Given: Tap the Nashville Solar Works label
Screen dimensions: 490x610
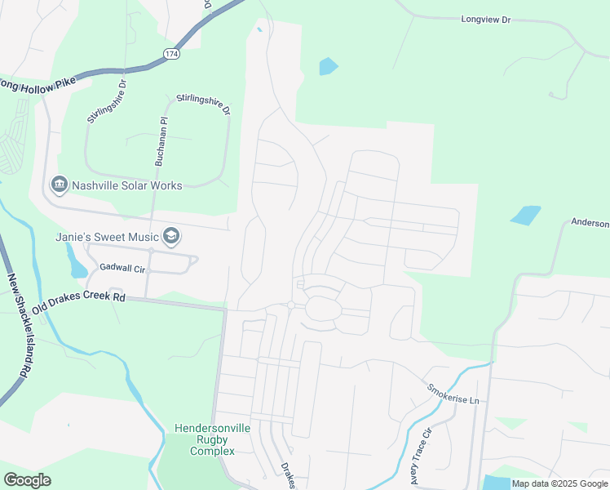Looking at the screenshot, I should [x=126, y=186].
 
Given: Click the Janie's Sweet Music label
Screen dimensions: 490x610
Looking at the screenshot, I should [x=107, y=237].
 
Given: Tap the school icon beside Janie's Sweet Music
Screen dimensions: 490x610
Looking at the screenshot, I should [x=170, y=237].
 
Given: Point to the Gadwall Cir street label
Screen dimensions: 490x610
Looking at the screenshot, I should [x=122, y=267].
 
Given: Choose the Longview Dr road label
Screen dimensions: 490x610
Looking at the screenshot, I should [x=485, y=18].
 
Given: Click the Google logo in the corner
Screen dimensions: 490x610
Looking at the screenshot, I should [x=27, y=480].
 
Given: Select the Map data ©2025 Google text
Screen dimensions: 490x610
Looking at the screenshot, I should [x=559, y=483].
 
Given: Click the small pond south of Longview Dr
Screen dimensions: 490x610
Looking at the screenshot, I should [x=328, y=66].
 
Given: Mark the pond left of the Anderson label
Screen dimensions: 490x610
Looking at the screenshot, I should [x=526, y=215].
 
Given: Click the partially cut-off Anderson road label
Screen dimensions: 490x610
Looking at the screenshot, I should [x=590, y=223].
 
